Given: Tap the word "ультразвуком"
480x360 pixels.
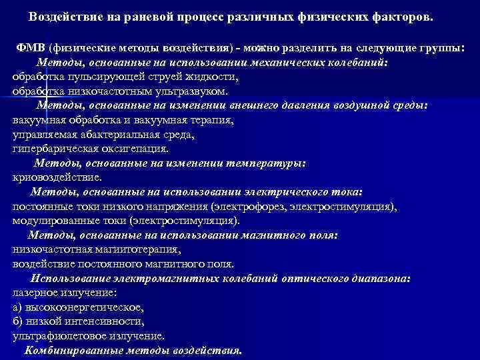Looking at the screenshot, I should pyautogui.click(x=193, y=91).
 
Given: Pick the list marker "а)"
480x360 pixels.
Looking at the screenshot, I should pyautogui.click(x=17, y=307).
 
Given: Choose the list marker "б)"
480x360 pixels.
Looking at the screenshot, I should pyautogui.click(x=17, y=321).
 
